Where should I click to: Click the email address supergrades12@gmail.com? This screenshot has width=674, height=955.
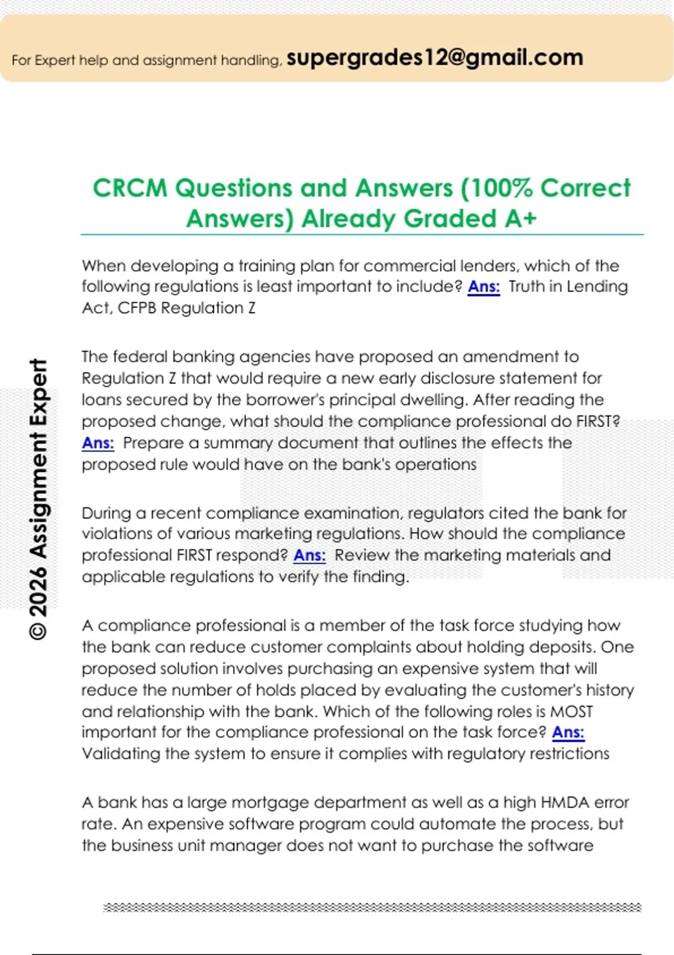tap(435, 58)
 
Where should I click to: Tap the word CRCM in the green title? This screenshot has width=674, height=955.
tap(130, 188)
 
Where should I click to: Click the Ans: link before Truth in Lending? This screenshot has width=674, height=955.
tap(484, 286)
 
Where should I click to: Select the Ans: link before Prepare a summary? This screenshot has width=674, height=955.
tap(98, 443)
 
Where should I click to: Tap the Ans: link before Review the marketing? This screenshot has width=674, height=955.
tap(309, 556)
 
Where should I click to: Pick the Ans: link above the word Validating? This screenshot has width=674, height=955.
tap(568, 733)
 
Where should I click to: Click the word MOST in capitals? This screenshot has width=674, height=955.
tap(571, 712)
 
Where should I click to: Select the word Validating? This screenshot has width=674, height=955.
tap(121, 754)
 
